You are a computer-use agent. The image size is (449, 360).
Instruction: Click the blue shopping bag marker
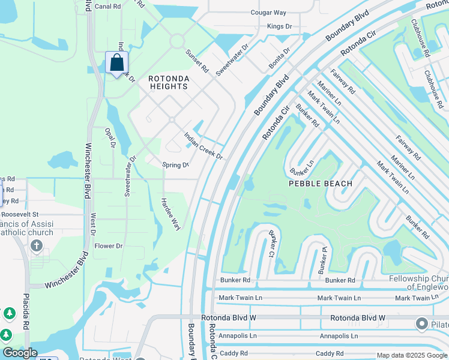point(116,63)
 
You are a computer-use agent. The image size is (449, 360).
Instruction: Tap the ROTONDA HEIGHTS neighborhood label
point(169,83)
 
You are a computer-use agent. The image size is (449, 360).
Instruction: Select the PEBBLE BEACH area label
point(320,183)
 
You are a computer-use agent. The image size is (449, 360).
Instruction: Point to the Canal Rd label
point(107,7)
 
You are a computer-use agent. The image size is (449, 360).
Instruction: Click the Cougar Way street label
point(268,12)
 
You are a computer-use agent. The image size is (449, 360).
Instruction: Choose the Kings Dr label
point(279,26)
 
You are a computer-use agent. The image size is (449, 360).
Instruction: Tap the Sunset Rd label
point(196,62)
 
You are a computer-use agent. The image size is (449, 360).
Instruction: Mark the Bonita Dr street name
point(279,59)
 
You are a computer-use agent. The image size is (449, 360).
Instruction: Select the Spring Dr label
point(176,165)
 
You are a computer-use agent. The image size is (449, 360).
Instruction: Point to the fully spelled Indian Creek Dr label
point(203,146)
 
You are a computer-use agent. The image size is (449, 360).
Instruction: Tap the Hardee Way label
point(171,214)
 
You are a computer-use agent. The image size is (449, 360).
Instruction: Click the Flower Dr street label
point(109,246)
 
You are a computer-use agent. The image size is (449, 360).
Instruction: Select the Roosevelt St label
point(19,214)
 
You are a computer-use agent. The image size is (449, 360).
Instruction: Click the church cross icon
point(36,245)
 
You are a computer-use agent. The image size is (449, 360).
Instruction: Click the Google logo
point(20,353)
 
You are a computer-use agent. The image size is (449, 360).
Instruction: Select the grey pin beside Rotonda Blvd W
point(421,324)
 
